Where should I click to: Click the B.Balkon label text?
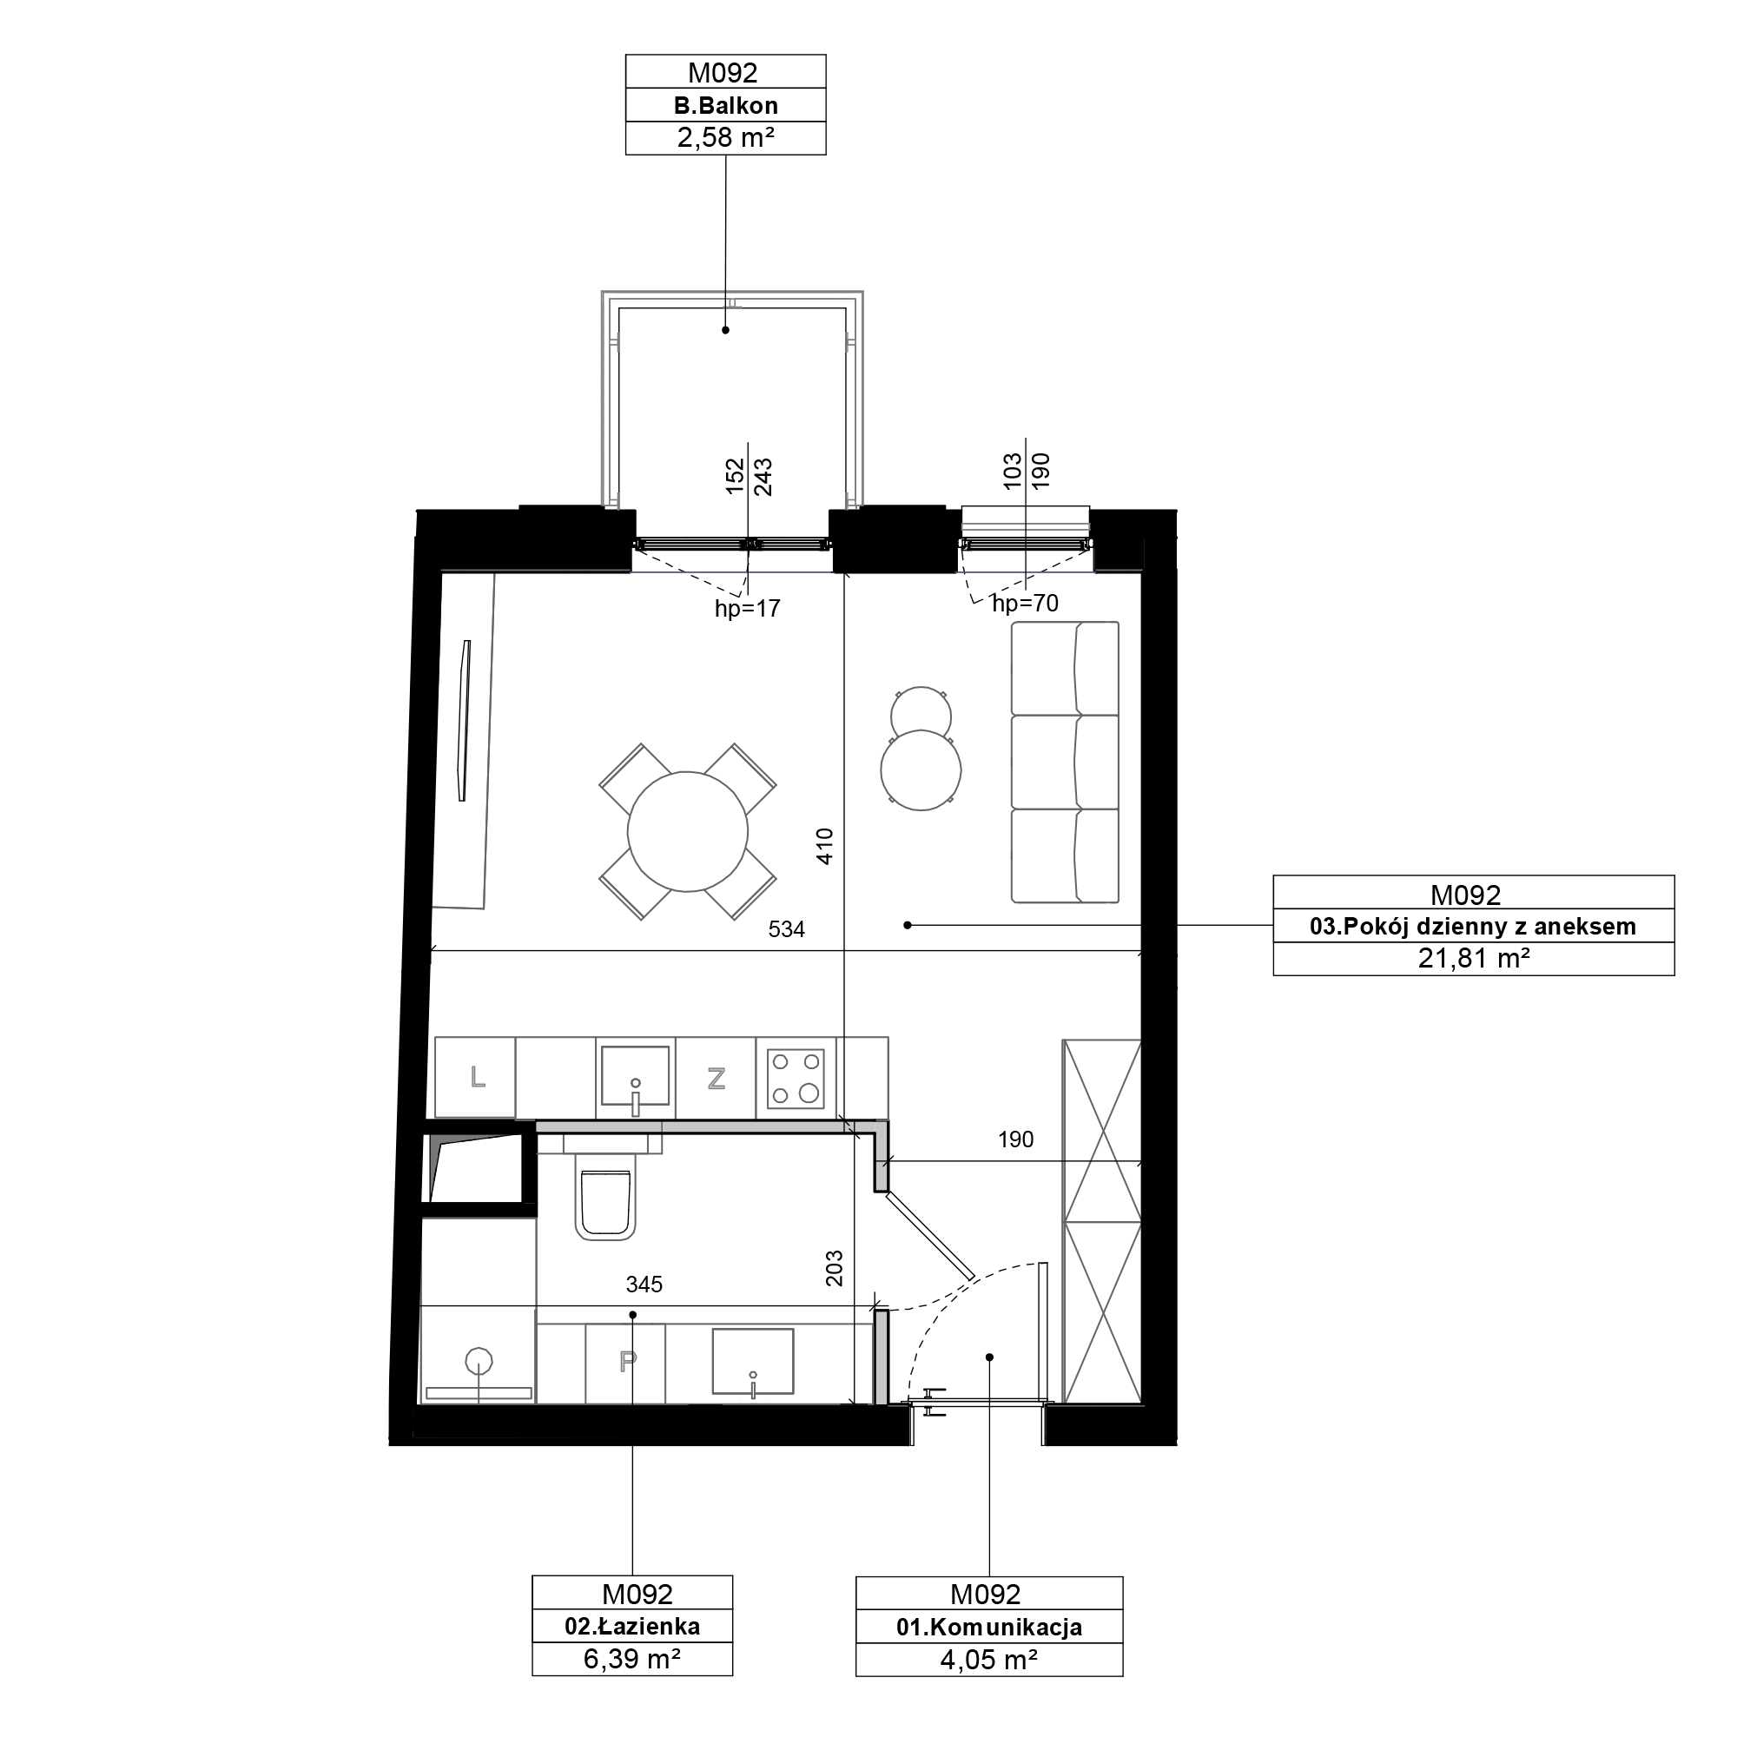pos(725,105)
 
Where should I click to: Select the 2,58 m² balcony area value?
pos(725,137)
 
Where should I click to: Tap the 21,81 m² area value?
pos(1474,959)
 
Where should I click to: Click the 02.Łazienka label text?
pos(632,1626)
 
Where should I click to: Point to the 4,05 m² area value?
pos(989,1660)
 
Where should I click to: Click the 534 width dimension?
pos(787,929)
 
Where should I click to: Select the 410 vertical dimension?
pos(825,846)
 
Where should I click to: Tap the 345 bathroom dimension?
pos(644,1285)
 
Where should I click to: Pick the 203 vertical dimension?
pos(835,1269)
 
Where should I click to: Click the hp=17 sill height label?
pos(747,609)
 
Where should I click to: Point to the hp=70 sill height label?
pos(1025,604)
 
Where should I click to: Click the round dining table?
pos(688,832)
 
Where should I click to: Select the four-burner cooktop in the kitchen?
pos(796,1078)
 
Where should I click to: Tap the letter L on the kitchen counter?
pos(478,1076)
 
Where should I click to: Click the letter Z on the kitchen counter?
pos(716,1078)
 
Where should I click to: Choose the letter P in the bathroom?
pos(628,1362)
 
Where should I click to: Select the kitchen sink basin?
pos(636,1076)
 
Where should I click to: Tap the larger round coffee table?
pos(921,770)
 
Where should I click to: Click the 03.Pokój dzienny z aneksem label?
pos(1473,926)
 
